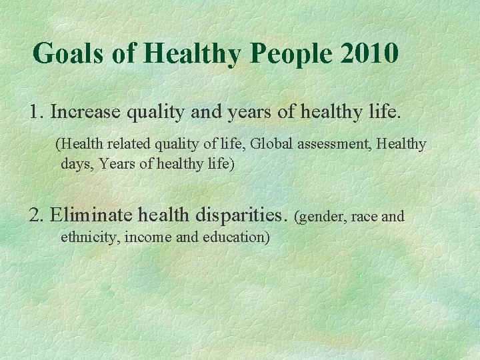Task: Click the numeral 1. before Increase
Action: [x=37, y=111]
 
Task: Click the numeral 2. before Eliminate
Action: [x=37, y=215]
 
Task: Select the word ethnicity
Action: [x=87, y=236]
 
